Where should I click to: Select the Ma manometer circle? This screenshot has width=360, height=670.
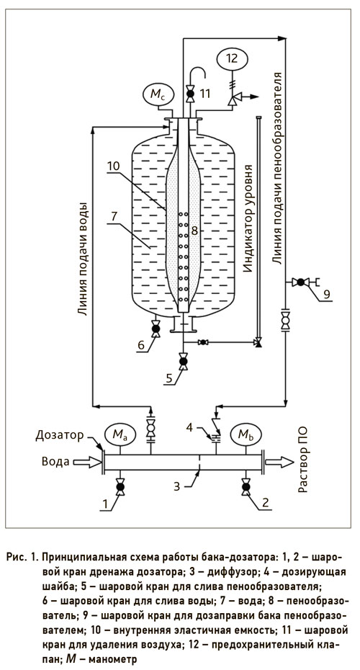[120, 435]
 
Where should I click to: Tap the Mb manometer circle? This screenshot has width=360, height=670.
[246, 435]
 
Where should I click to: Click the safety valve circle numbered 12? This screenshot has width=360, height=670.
[232, 58]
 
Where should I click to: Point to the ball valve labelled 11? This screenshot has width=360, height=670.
[189, 94]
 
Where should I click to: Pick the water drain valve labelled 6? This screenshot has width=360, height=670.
[156, 329]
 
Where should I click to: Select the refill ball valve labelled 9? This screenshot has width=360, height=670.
[300, 282]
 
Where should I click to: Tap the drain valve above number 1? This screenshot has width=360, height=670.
[120, 487]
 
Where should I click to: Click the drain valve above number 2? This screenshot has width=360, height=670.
[246, 487]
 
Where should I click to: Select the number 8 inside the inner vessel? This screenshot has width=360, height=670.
[194, 231]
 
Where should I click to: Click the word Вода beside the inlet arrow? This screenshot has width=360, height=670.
[55, 462]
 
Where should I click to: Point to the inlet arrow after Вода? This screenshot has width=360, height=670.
[87, 462]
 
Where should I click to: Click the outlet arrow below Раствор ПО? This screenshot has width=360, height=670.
[279, 462]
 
